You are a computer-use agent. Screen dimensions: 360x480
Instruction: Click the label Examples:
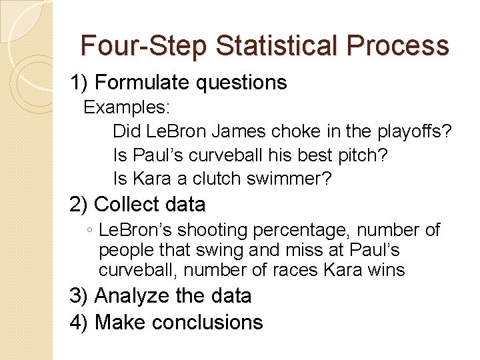tap(127, 107)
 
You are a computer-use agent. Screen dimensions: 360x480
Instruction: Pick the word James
tap(218, 131)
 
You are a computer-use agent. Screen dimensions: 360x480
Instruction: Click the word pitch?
tap(361, 155)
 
